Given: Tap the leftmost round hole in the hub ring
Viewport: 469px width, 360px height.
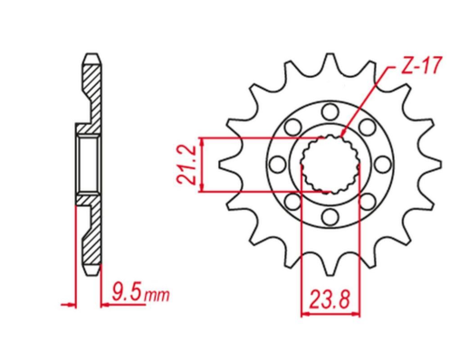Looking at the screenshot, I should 276,166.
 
